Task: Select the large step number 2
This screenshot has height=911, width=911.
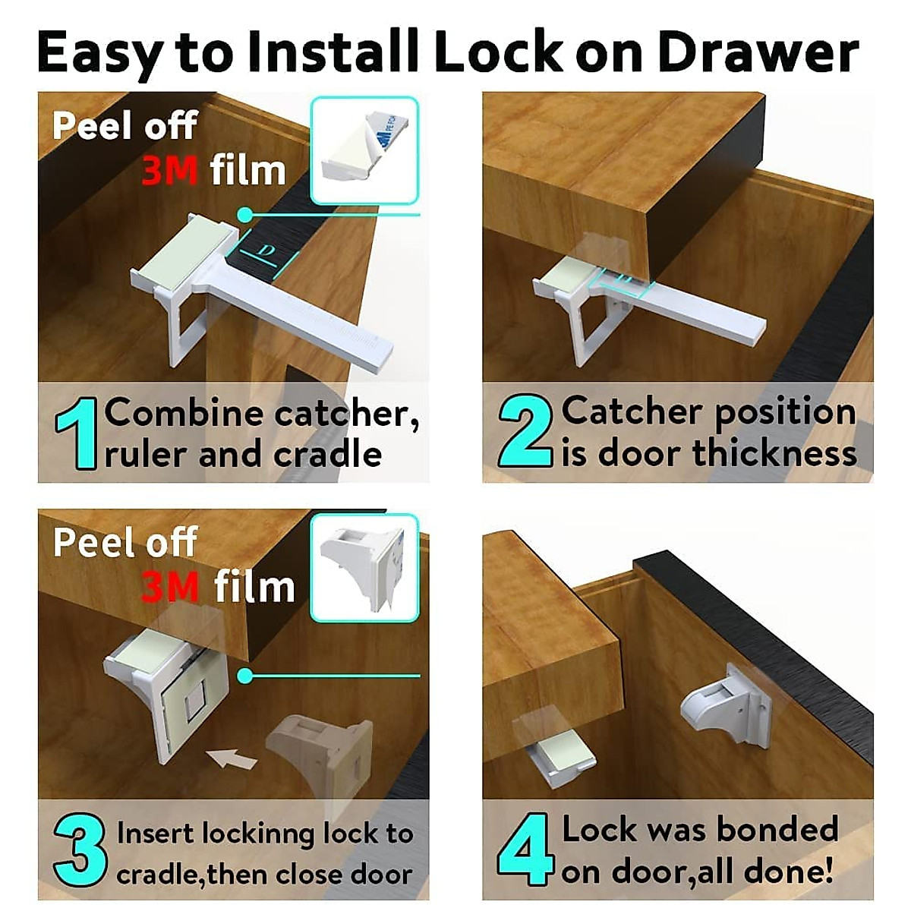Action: (525, 430)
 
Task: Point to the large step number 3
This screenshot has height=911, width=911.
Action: (79, 850)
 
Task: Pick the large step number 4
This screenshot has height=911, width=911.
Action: (524, 848)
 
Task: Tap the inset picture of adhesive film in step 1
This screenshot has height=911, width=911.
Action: (364, 150)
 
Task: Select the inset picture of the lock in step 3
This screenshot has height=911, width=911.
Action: (364, 567)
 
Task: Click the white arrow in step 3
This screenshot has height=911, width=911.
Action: (232, 757)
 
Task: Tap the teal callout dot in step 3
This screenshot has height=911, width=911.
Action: (244, 675)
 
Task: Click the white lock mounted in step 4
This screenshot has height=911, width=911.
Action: (725, 706)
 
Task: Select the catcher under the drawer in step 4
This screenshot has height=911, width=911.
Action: (558, 759)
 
